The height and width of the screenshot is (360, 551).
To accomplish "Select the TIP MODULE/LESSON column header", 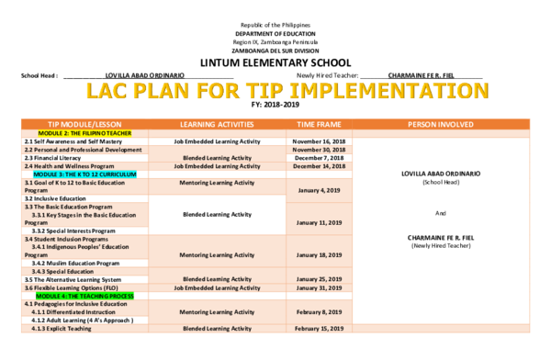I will [x=84, y=124].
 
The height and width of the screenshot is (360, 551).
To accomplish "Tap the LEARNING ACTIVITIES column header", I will [x=217, y=124].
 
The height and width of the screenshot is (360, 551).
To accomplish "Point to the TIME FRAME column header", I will [x=320, y=124].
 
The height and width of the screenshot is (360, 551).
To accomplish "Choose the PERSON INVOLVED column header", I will [x=440, y=124].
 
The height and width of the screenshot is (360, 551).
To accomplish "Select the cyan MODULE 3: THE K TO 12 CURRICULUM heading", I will [x=85, y=174].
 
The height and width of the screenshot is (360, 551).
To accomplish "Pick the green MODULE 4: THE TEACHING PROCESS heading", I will [x=85, y=297].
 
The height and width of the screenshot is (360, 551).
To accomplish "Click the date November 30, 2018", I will [x=320, y=149].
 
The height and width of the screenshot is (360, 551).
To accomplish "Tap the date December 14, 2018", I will [x=320, y=165].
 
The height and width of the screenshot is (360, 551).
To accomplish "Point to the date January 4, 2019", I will [x=320, y=190].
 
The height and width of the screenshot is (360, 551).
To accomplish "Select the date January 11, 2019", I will [x=320, y=222].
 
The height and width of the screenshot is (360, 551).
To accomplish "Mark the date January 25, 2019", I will [x=320, y=278].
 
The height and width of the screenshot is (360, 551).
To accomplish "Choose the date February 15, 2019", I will [x=320, y=328].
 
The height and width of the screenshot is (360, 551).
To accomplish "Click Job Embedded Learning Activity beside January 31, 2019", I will [x=217, y=287].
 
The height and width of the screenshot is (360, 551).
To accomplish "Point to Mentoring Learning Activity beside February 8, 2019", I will [x=217, y=311].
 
